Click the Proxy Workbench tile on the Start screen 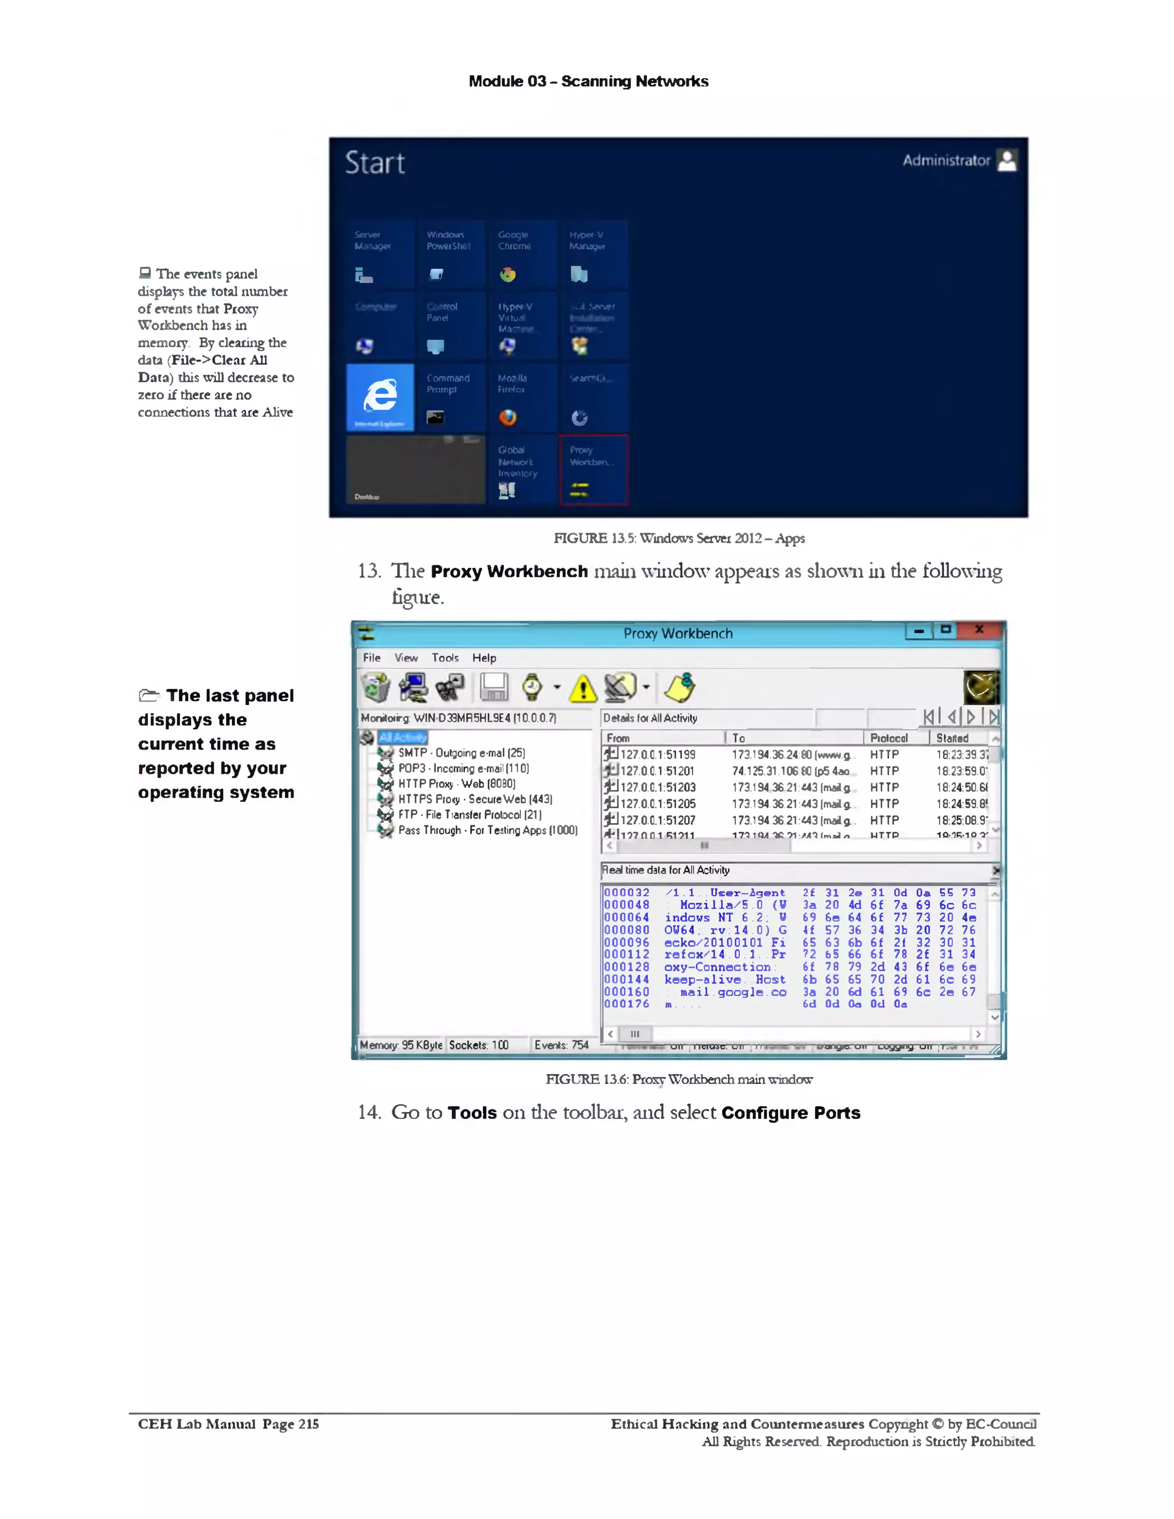tap(593, 469)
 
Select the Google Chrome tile tap(522, 255)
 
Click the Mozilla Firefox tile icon tap(508, 417)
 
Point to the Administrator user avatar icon tap(1007, 160)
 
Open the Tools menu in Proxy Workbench tap(444, 658)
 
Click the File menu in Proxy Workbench tap(371, 658)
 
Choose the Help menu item tap(484, 658)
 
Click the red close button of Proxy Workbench tap(979, 630)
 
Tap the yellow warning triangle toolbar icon tap(582, 688)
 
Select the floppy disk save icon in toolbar tap(494, 688)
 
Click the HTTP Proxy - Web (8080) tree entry tap(456, 784)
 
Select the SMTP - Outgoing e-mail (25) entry tap(461, 753)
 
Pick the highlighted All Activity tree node tap(402, 737)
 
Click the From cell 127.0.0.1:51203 tap(658, 788)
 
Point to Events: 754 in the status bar tap(561, 1046)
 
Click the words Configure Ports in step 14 tap(791, 1113)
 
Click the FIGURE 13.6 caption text tap(678, 1079)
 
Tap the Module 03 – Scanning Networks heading tap(588, 81)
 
